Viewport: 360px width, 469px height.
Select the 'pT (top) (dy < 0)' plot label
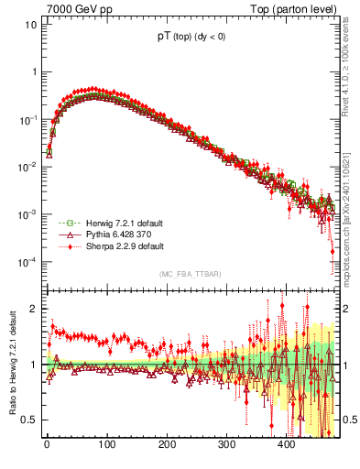[191, 38]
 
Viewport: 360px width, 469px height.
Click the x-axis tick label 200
[167, 444]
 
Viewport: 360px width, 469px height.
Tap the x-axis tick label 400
[287, 444]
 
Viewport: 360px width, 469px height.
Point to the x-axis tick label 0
[47, 444]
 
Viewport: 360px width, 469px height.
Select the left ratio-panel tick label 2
[34, 309]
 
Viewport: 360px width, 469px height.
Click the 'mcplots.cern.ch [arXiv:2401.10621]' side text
[351, 206]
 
